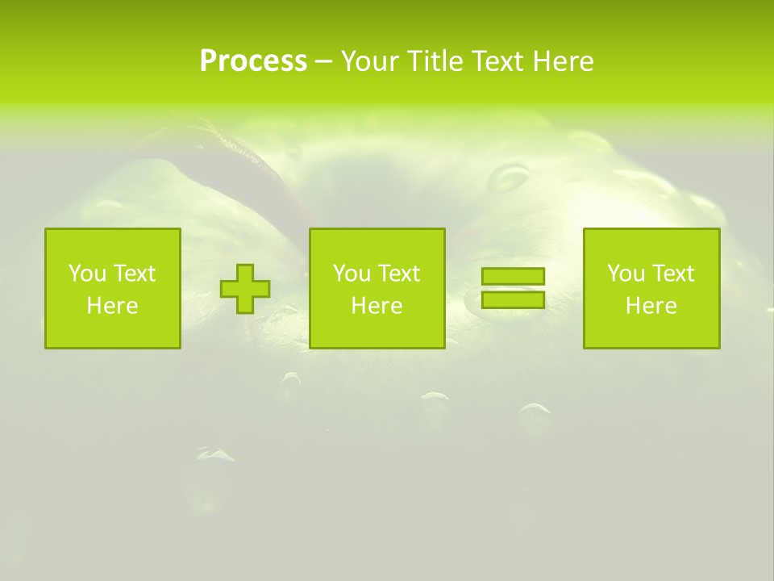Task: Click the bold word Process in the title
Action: pyautogui.click(x=253, y=61)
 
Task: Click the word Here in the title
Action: pyautogui.click(x=564, y=61)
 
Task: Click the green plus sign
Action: pyautogui.click(x=245, y=289)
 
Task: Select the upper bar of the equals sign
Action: pyautogui.click(x=513, y=277)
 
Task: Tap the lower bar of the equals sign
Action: pyautogui.click(x=513, y=299)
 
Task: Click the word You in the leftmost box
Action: pyautogui.click(x=87, y=274)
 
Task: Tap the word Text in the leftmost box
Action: pyautogui.click(x=133, y=274)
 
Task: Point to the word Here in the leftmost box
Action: pyautogui.click(x=112, y=306)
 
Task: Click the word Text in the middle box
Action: pyautogui.click(x=397, y=274)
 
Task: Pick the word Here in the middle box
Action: pyautogui.click(x=377, y=306)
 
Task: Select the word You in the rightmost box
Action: pyautogui.click(x=626, y=274)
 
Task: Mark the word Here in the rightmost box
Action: pyautogui.click(x=651, y=306)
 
